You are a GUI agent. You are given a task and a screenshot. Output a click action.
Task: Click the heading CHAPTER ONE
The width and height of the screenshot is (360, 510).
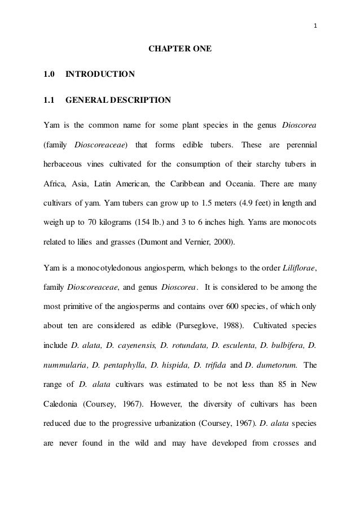click(180, 50)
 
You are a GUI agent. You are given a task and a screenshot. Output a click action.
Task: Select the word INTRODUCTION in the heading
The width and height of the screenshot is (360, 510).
click(100, 74)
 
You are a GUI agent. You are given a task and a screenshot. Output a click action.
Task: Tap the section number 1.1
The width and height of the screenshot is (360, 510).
click(49, 101)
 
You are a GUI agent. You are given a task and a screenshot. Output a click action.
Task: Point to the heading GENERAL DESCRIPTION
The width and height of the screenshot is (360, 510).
click(118, 101)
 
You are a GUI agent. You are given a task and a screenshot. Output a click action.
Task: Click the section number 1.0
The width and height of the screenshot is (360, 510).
click(49, 74)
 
